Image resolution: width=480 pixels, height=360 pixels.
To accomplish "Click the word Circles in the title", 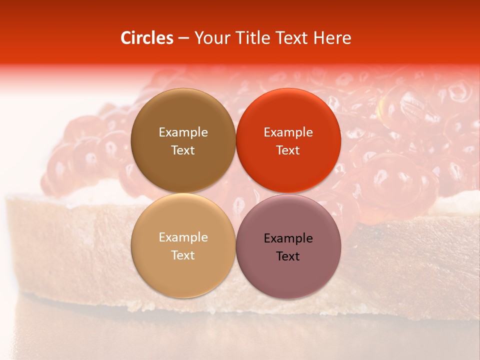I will [146, 38].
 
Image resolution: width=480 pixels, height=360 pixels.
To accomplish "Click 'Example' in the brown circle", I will [183, 132].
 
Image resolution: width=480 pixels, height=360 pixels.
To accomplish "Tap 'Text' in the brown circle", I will [183, 150].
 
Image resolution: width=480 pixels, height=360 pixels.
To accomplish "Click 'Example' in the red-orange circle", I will [288, 132].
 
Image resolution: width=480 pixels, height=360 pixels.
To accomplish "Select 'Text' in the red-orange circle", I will [288, 150].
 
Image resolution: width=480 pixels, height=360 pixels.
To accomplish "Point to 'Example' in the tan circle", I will [183, 237].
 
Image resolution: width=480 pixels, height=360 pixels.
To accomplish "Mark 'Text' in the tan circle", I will [183, 255].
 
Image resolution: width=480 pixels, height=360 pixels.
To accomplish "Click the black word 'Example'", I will [288, 238].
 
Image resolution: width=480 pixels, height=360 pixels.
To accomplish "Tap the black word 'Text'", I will [288, 256].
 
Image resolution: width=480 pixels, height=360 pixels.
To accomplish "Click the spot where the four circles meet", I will [235, 193].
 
